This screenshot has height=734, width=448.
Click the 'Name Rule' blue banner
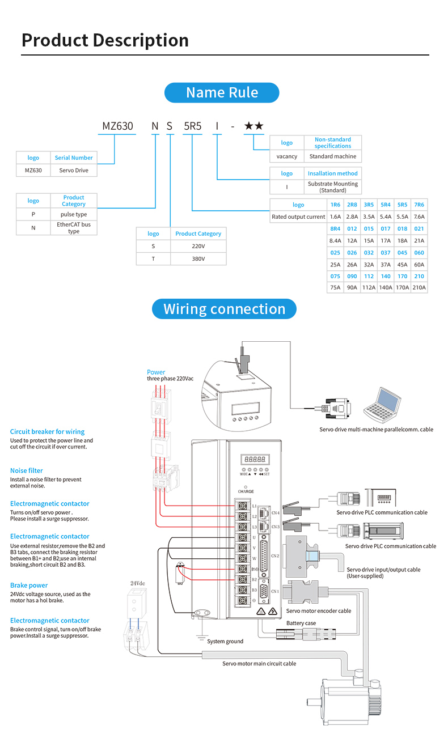[x=222, y=92]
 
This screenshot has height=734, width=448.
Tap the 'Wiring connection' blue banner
[x=224, y=309]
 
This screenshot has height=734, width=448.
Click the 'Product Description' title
[x=105, y=40]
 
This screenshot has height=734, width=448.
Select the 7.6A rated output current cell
[x=419, y=217]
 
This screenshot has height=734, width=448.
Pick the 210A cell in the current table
[x=419, y=287]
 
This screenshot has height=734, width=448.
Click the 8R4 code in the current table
[x=335, y=228]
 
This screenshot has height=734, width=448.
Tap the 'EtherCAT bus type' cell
[x=74, y=228]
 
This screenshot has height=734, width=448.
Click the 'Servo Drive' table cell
[x=74, y=170]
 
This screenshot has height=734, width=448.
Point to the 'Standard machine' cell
[x=333, y=156]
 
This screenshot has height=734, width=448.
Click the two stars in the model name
[x=253, y=126]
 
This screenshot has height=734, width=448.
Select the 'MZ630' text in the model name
[x=117, y=126]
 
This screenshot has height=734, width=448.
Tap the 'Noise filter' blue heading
[x=26, y=470]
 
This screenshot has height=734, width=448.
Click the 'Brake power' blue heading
[x=29, y=585]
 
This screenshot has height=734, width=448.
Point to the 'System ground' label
[x=225, y=641]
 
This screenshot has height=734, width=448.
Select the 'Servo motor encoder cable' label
[x=318, y=610]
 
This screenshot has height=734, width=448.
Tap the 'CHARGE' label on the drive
[x=246, y=491]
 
